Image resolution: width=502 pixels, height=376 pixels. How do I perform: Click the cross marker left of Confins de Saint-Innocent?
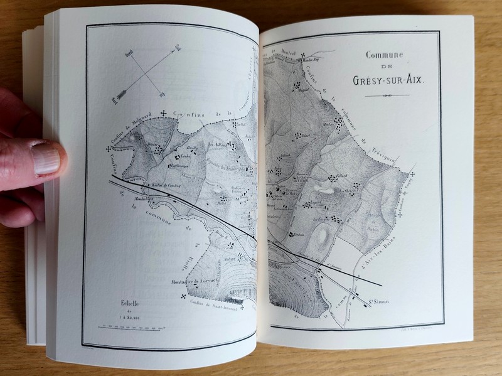coord(183,296)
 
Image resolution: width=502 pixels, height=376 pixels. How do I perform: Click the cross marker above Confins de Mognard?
coord(164,114)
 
